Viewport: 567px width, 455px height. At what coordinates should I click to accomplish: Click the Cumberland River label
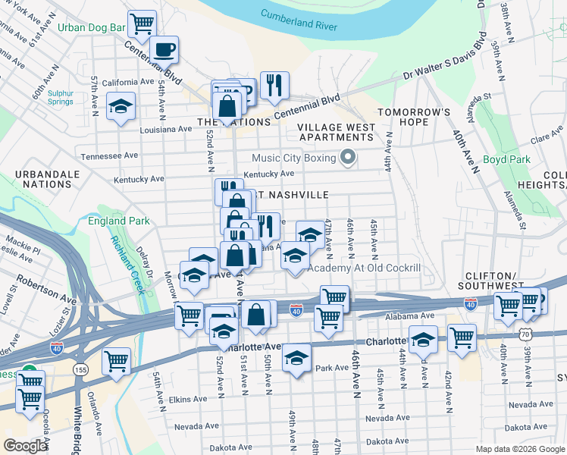[299, 19]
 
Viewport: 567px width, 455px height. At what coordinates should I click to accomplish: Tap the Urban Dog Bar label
[91, 27]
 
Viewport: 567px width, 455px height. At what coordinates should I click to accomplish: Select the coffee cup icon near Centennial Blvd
[164, 50]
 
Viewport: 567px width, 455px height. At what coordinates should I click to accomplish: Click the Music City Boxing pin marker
[349, 158]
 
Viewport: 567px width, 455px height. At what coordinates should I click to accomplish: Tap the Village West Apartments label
[336, 132]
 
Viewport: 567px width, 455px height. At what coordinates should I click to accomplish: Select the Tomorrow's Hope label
[414, 117]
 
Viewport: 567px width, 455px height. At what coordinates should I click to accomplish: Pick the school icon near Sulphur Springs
[120, 107]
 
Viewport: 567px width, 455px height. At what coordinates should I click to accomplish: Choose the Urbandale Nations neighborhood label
[46, 179]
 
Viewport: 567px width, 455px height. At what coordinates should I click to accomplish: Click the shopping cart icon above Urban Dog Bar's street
[142, 24]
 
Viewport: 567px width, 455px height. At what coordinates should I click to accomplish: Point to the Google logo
[25, 446]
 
